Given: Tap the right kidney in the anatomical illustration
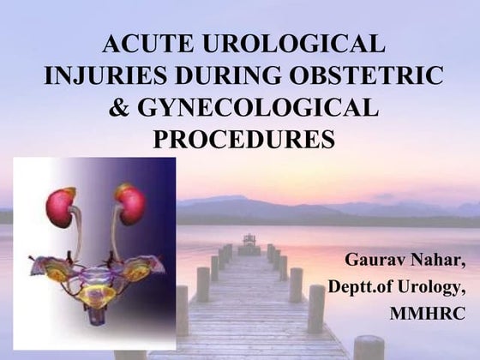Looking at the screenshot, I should coord(130,204).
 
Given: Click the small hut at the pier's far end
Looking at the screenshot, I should coord(249,240).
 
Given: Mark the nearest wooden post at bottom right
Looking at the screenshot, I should coord(369,347).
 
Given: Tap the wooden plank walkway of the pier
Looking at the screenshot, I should coord(249,326).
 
